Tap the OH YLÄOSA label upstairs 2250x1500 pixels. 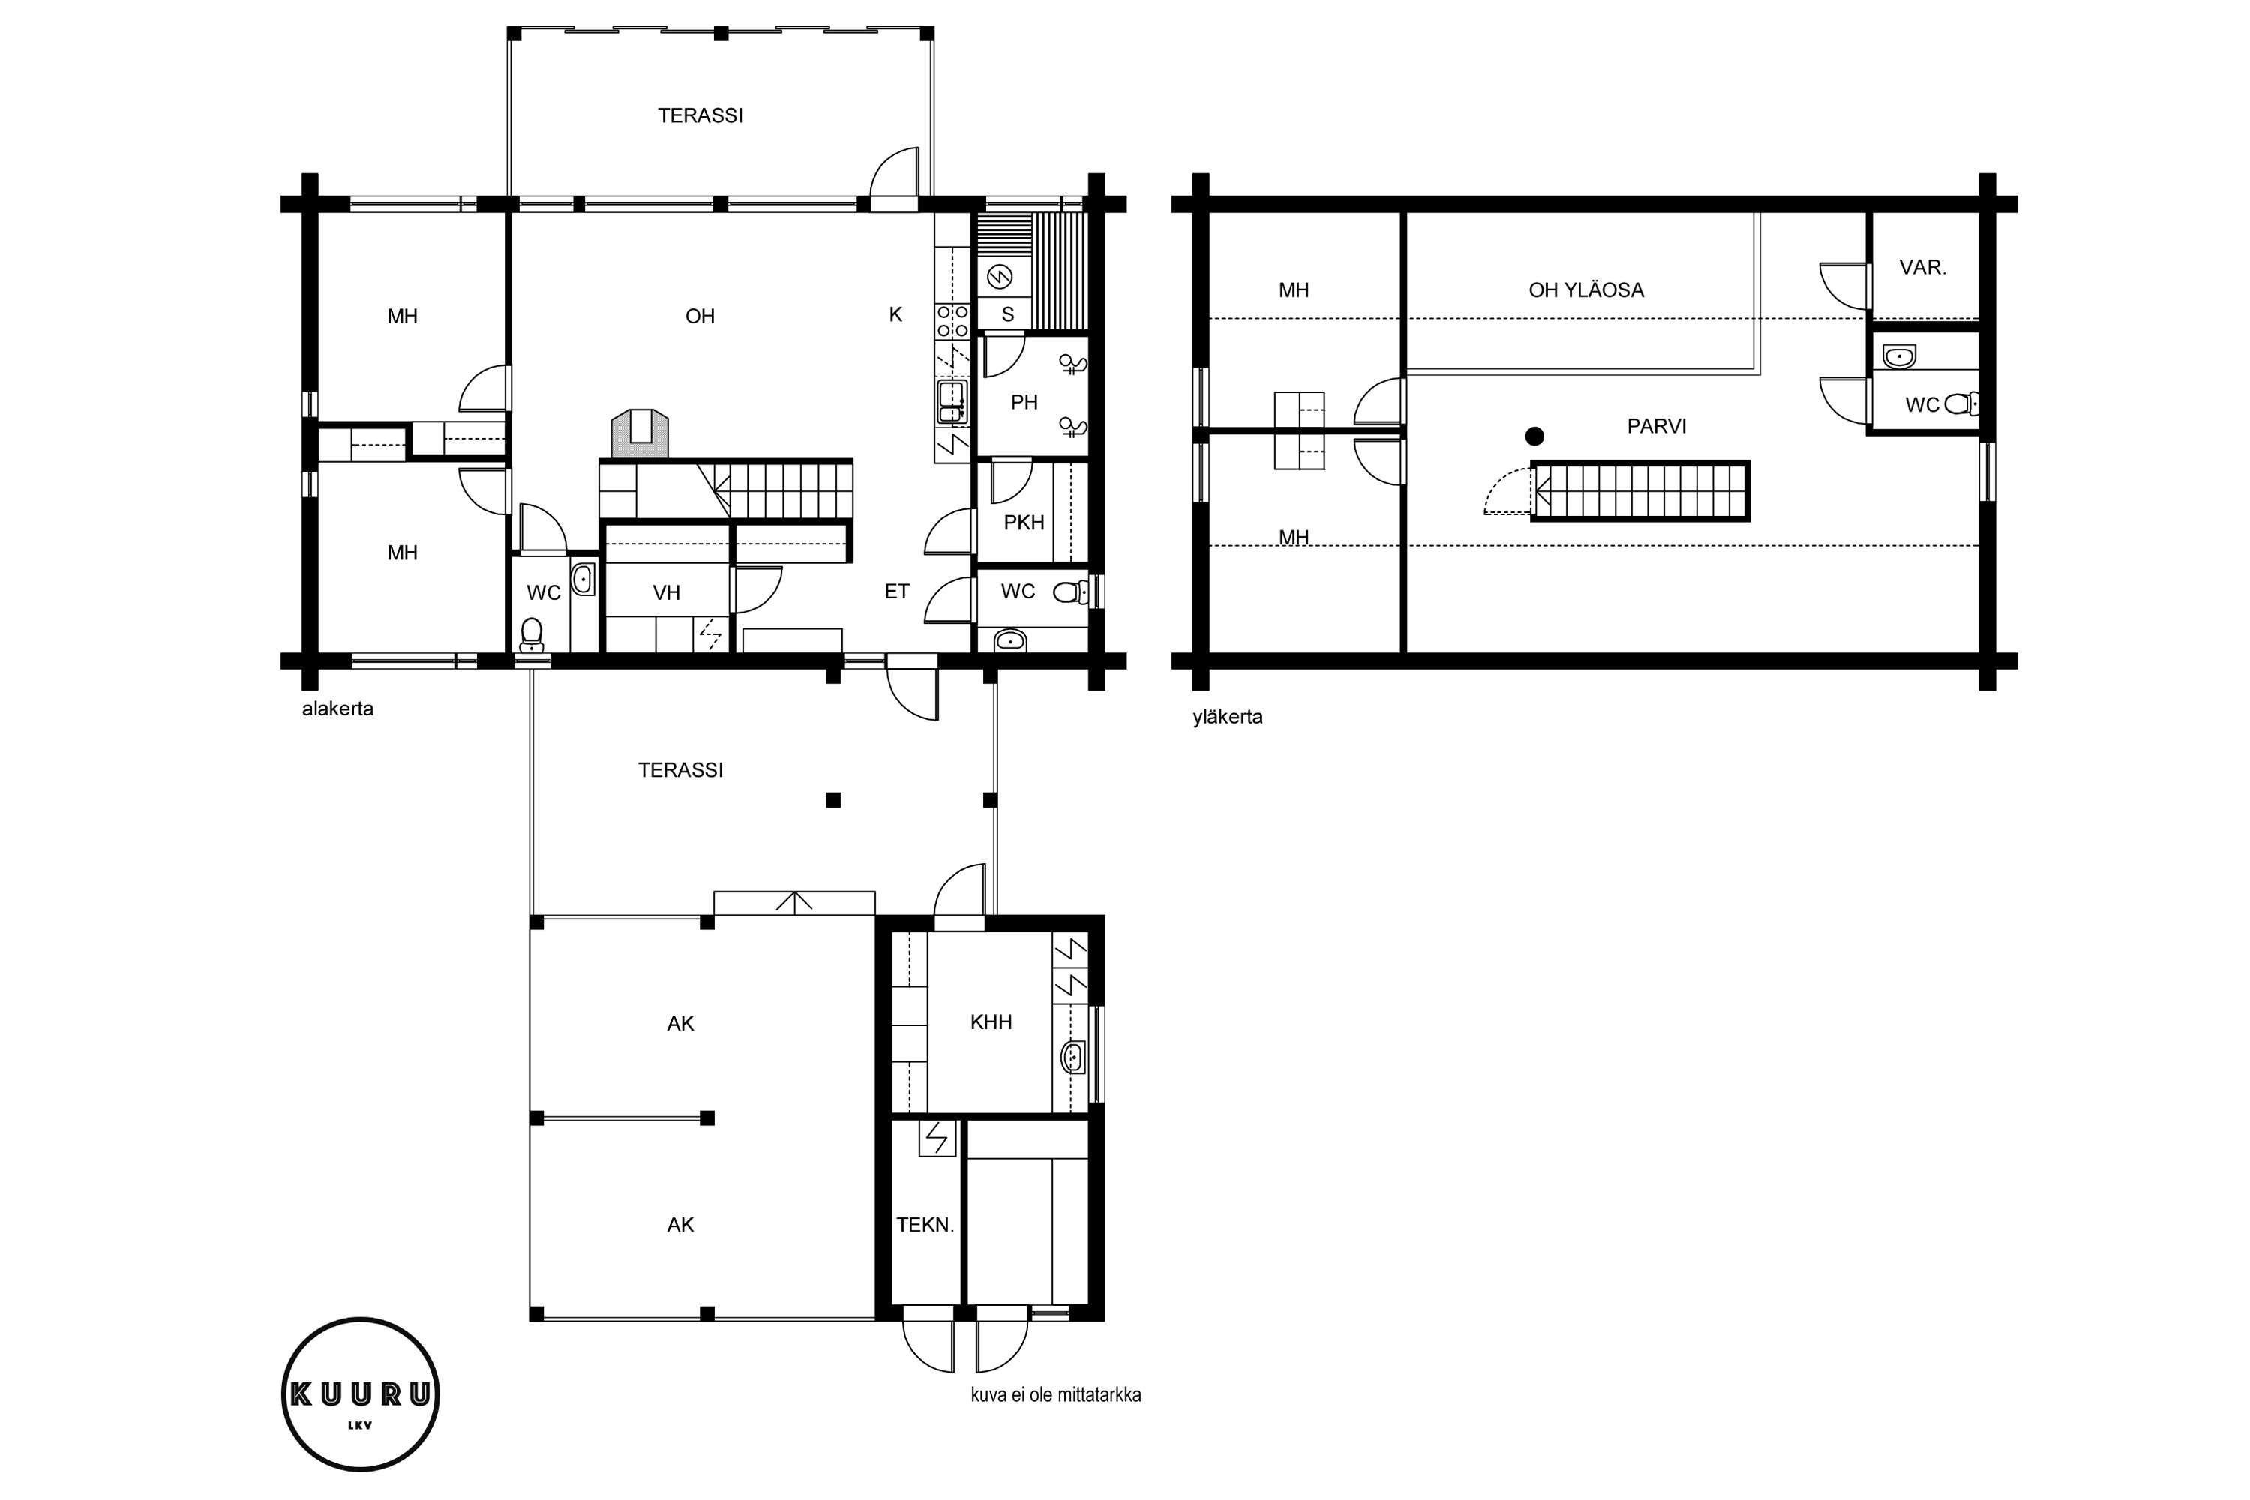1586,289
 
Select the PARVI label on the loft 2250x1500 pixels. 1657,426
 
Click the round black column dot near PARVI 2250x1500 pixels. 1534,436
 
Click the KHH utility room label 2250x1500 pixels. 991,1021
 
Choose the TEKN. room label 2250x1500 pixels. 925,1225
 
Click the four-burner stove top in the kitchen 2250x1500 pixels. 952,320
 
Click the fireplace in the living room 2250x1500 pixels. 639,434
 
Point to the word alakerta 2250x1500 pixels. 337,709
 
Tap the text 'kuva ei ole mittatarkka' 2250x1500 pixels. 1056,1395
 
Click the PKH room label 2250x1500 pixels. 1024,522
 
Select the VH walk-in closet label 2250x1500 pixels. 667,593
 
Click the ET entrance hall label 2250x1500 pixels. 896,591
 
